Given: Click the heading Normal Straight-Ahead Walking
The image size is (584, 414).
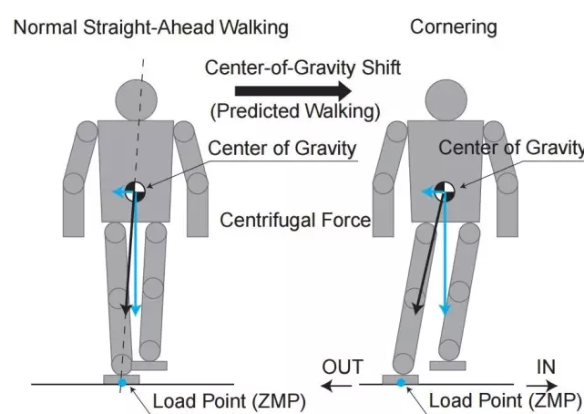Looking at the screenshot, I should (x=150, y=26).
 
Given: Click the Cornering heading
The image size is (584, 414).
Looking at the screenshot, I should (x=453, y=26).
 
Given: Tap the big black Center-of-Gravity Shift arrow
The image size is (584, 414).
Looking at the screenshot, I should (x=292, y=90).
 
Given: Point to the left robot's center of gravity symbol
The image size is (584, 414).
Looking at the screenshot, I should (x=136, y=191).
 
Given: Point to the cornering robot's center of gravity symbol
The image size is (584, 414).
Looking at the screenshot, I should (x=444, y=191).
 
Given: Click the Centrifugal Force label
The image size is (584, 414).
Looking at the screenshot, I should (x=295, y=220).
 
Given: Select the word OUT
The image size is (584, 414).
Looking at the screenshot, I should (x=343, y=367).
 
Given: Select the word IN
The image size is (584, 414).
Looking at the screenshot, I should (x=548, y=367).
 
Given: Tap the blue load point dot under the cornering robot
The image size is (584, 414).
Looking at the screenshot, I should (x=400, y=382).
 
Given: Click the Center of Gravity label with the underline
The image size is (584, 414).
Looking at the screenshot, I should (x=282, y=149).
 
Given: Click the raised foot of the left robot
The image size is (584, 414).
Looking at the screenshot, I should (x=149, y=366).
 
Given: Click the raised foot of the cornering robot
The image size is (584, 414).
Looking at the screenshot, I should (x=448, y=366).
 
